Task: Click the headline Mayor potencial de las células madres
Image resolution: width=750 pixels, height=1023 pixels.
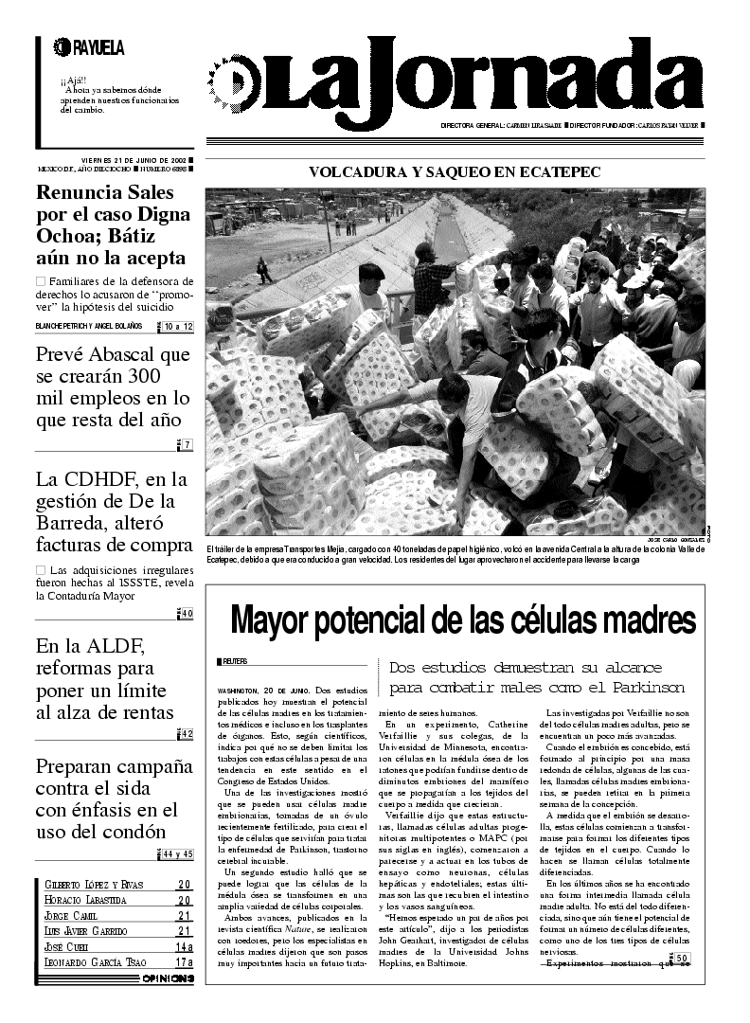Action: [463, 620]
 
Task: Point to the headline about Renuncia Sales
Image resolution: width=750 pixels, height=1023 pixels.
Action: [113, 224]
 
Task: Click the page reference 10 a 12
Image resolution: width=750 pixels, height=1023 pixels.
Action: [177, 327]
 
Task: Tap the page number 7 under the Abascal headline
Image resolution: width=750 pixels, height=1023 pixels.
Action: [187, 445]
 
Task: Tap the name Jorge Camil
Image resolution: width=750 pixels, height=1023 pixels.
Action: [71, 916]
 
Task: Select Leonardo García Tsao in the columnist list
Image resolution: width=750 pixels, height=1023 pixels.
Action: [95, 962]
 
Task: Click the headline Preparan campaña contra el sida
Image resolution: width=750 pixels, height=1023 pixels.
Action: [107, 799]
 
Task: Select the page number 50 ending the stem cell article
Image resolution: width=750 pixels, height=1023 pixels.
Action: [683, 958]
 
